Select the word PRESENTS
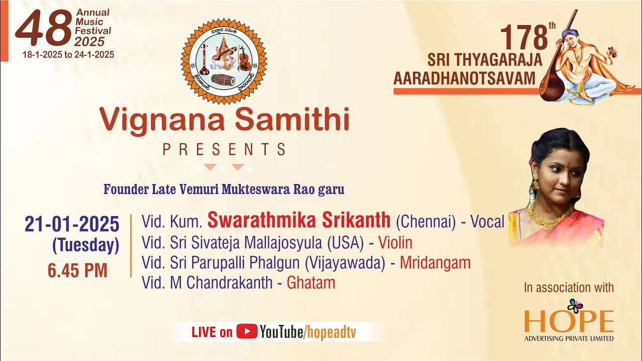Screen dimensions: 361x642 tap(224, 149)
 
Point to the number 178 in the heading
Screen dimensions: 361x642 tap(523, 38)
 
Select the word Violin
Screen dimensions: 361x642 tap(395, 243)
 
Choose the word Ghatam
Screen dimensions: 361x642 tap(310, 283)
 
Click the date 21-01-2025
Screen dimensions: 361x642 tap(72, 224)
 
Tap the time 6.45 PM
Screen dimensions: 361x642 tap(77, 271)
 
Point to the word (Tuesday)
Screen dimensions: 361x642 tap(86, 246)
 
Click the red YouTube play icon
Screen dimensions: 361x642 tap(247, 331)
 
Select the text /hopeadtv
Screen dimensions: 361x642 tap(329, 332)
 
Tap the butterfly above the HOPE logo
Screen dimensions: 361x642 tap(575, 305)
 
